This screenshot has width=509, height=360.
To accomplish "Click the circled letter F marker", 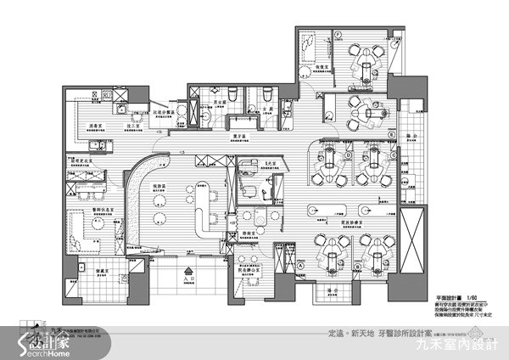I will point(337,35).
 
